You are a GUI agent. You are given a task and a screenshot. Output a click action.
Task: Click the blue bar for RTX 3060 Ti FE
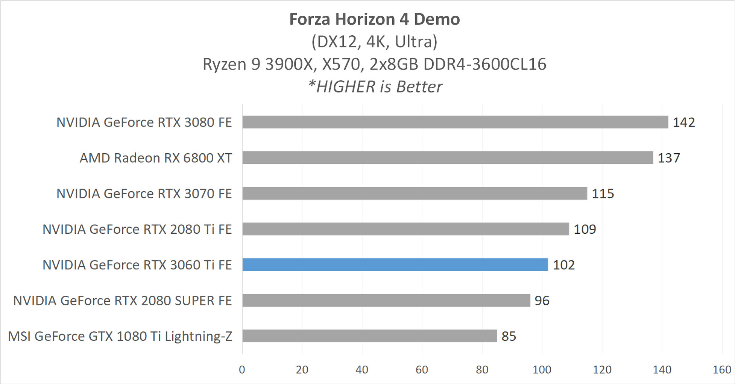click(x=395, y=265)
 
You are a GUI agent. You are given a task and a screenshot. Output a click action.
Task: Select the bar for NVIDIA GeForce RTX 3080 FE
click(x=455, y=122)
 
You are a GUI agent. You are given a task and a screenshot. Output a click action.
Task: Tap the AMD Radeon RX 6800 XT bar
click(x=448, y=158)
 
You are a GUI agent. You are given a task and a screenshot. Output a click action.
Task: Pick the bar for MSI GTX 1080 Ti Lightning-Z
click(x=369, y=336)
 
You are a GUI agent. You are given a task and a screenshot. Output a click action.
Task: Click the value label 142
click(x=683, y=122)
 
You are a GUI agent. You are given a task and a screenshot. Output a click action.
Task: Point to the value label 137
click(x=668, y=158)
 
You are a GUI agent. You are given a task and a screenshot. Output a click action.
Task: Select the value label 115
click(x=603, y=194)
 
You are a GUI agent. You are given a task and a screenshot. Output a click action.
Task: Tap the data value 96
click(x=542, y=301)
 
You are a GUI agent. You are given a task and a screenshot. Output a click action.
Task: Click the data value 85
click(x=509, y=336)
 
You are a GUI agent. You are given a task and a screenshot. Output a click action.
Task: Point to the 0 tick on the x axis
click(x=242, y=370)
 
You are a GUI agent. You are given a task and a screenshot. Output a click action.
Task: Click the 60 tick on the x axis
click(x=422, y=370)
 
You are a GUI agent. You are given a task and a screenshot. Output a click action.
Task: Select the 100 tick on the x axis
click(x=542, y=370)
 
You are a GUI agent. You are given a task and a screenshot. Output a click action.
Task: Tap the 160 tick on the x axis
click(x=721, y=370)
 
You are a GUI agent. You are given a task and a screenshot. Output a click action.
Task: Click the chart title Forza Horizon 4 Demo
click(x=374, y=19)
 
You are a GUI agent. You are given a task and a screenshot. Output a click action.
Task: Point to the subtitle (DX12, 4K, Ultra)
click(x=374, y=42)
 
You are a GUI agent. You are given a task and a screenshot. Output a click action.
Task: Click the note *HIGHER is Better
click(x=374, y=87)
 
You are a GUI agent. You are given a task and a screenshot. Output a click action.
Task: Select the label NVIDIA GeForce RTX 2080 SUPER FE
click(x=122, y=301)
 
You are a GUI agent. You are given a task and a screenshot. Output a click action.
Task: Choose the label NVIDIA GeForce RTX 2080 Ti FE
click(x=137, y=229)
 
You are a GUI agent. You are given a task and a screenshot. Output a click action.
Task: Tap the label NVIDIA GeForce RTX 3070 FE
click(x=144, y=194)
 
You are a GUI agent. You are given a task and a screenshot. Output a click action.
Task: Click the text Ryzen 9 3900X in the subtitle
click(x=258, y=64)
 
